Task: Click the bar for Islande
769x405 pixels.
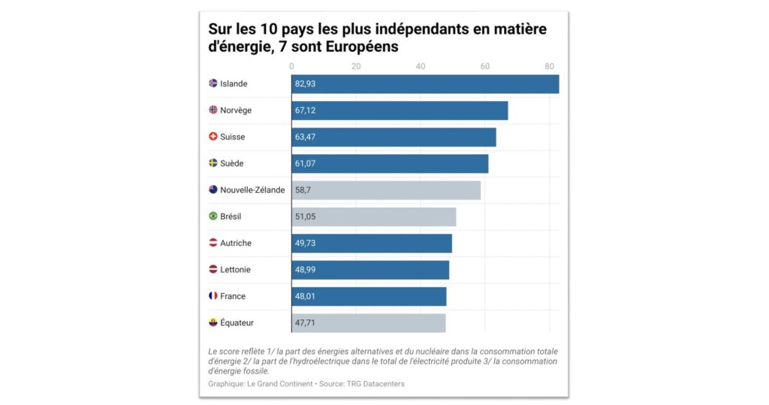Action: [x=425, y=84]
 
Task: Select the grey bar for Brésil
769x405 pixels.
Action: [x=374, y=217]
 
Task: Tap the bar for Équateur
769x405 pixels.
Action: [x=369, y=323]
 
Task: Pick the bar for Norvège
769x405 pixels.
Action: [x=400, y=110]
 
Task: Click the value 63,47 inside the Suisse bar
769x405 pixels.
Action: [x=306, y=137]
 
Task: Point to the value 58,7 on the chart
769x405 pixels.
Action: [x=303, y=190]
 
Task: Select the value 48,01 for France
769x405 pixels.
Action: [x=306, y=296]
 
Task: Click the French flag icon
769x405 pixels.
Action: [x=213, y=296]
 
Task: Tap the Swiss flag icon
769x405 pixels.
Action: [x=213, y=137]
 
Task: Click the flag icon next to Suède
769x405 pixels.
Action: [x=213, y=163]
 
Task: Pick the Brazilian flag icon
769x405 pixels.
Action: [x=213, y=217]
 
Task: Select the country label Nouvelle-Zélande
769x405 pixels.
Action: [x=252, y=190]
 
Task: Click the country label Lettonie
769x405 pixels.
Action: [x=236, y=270]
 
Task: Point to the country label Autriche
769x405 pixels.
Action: [x=236, y=244]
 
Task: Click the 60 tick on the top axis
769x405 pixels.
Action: [x=485, y=66]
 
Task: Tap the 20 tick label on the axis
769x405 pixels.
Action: [x=356, y=66]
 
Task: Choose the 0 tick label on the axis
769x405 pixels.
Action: [x=292, y=66]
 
